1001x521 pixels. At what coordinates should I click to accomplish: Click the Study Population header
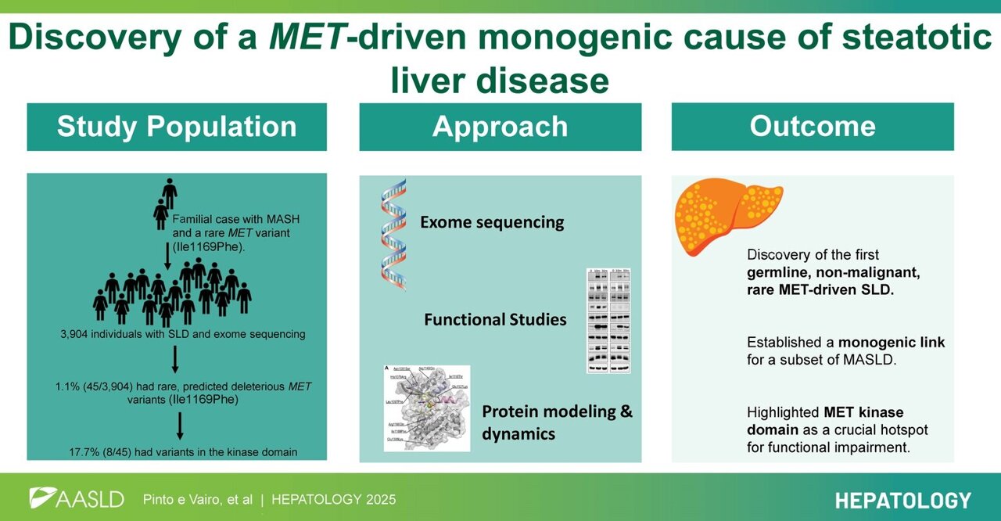(177, 127)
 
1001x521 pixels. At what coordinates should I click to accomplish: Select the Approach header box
(500, 127)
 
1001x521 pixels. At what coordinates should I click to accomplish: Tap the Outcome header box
(813, 127)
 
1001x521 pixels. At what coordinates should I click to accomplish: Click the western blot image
(608, 320)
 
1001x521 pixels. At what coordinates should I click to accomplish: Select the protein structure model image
(426, 407)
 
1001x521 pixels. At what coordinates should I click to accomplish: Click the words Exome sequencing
(492, 222)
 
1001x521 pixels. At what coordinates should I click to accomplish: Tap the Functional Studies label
(495, 319)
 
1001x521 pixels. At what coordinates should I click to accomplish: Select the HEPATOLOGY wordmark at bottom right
(902, 500)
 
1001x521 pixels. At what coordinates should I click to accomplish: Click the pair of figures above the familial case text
(166, 203)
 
